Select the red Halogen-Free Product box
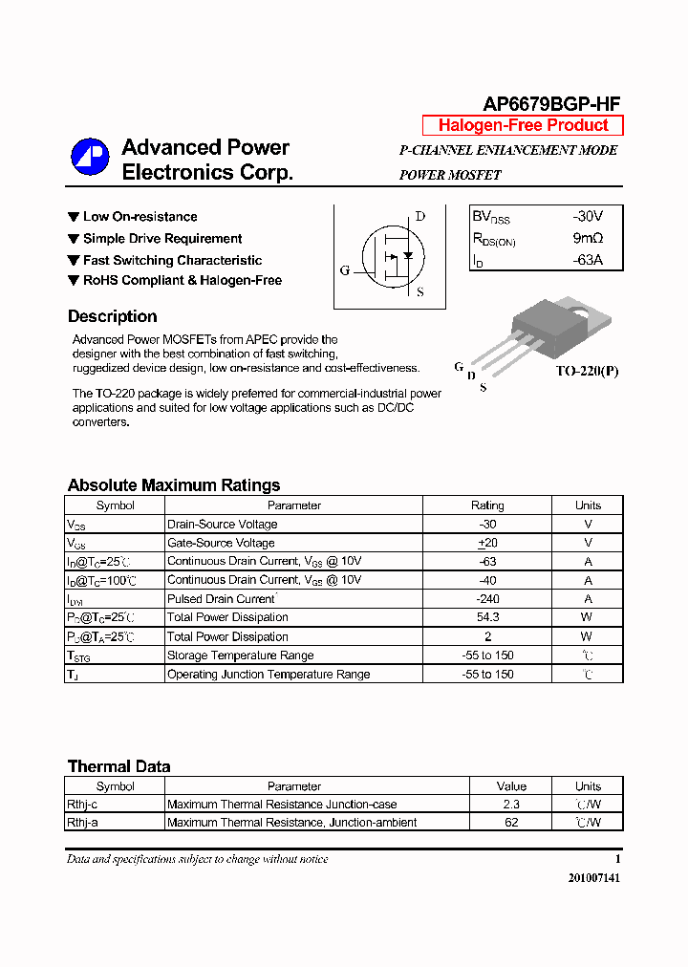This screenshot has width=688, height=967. [523, 125]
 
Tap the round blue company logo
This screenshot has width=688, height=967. [91, 158]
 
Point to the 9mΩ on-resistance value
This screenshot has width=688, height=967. [588, 238]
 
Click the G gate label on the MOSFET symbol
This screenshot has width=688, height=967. [345, 270]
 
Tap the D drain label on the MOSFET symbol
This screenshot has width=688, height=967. [419, 217]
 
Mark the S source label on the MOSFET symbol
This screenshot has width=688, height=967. [420, 292]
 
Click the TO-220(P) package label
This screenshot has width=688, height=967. [587, 371]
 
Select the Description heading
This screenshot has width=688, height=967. [112, 317]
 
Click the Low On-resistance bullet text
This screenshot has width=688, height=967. [140, 217]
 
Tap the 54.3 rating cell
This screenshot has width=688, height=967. [487, 617]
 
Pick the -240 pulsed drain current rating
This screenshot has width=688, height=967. [487, 599]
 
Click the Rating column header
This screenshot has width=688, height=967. [487, 505]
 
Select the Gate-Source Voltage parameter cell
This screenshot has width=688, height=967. [221, 543]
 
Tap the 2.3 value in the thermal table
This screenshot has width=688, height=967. [511, 805]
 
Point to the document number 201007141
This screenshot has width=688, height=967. [591, 878]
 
